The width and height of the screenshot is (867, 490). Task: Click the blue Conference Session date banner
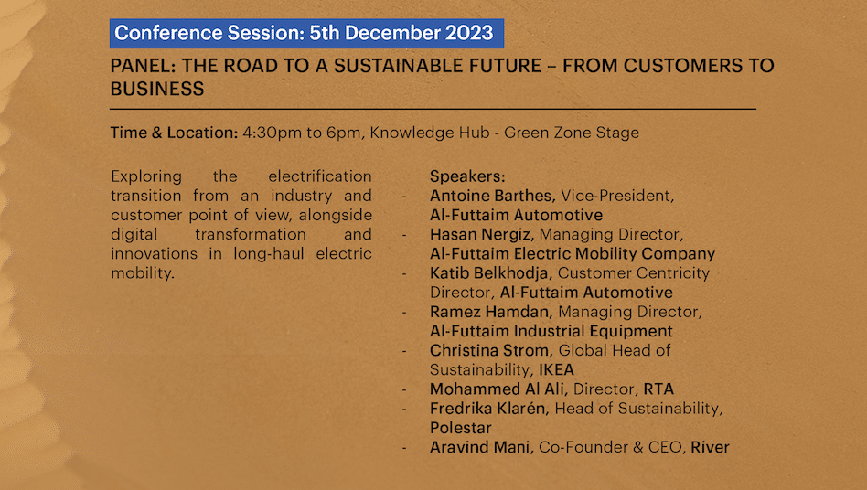point(307,33)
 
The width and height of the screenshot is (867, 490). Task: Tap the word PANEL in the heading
point(143,66)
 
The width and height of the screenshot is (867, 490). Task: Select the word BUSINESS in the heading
point(157,89)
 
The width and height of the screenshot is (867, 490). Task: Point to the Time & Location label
point(174,133)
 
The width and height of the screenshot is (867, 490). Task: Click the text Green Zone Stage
point(572,133)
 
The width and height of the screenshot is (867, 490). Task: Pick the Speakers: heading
point(467,176)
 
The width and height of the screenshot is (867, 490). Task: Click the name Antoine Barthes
point(492,196)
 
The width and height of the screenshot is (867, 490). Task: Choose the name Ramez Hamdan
point(490,312)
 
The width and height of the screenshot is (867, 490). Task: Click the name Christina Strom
point(490,350)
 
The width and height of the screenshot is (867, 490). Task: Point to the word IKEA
point(557,369)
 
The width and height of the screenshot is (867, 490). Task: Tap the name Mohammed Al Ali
point(498,389)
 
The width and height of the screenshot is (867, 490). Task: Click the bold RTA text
point(658,389)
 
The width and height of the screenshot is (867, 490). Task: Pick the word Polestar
point(461,428)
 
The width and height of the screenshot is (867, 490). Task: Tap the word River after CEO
point(710,447)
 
